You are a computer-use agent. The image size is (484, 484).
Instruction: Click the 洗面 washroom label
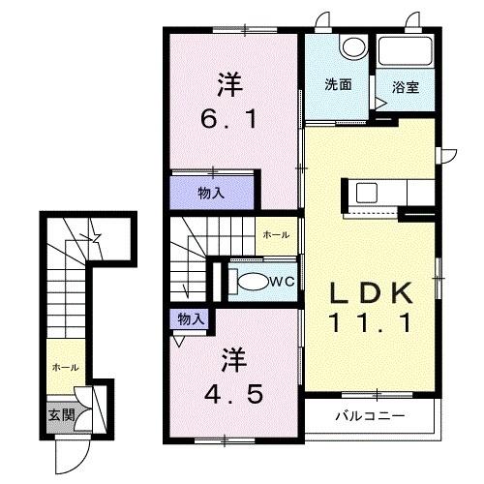[338, 84]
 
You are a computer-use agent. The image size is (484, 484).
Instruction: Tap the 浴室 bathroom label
[405, 85]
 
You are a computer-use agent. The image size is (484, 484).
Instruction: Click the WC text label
[283, 282]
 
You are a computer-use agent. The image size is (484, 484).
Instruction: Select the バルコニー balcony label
[371, 417]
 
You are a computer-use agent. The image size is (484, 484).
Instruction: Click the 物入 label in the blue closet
[212, 192]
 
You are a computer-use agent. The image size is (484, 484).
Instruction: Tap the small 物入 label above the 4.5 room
[191, 318]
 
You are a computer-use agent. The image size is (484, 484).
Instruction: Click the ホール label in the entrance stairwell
[65, 368]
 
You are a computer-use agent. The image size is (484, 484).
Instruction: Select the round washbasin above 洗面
[352, 46]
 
